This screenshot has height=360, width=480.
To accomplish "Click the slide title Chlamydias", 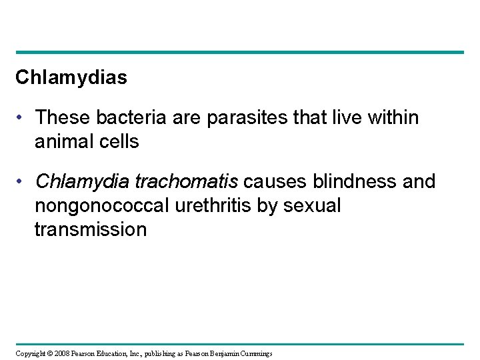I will click(71, 79).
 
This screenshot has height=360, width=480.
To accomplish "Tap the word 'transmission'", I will click(91, 230).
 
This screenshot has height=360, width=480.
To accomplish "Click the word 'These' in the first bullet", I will click(61, 118).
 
